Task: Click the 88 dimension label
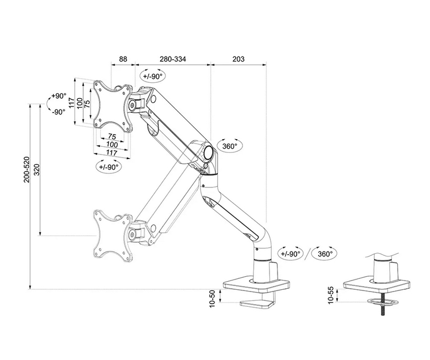point(123,59)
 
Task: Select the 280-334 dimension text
point(172,59)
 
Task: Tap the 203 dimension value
point(237,59)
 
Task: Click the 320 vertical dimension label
point(37,170)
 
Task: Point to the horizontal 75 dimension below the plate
point(111,136)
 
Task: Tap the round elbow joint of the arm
point(207,151)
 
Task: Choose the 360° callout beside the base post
point(326,254)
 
